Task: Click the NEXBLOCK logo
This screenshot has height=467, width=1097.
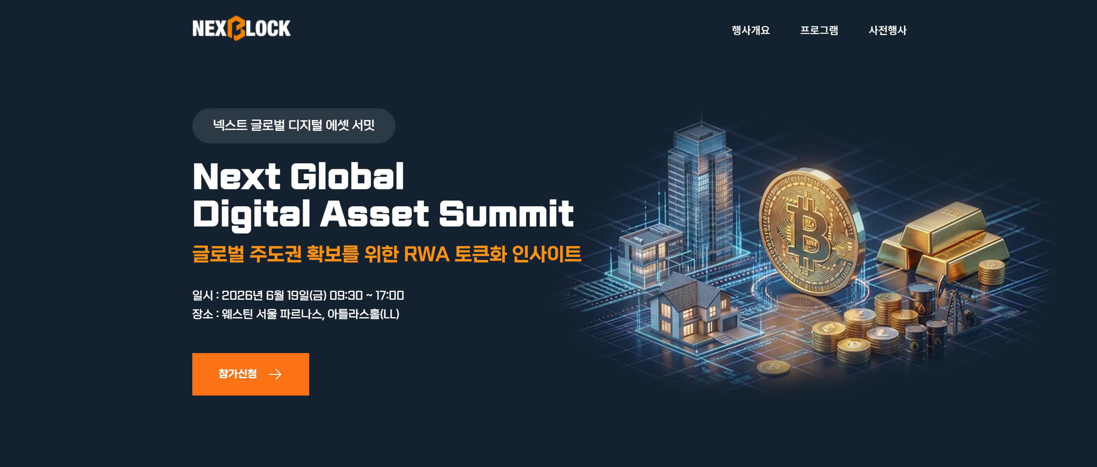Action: (x=241, y=28)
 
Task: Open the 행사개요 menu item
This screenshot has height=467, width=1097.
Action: (x=751, y=30)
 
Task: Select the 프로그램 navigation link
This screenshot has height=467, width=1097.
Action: (x=819, y=30)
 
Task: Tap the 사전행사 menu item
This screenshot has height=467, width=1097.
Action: (x=887, y=30)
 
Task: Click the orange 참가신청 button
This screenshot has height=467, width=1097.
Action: (x=251, y=374)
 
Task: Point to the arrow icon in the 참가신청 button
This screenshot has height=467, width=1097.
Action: (x=275, y=374)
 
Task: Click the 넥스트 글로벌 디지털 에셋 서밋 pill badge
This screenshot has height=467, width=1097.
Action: (x=294, y=126)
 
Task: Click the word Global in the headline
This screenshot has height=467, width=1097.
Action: (x=347, y=176)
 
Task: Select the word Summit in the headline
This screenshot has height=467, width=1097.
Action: (x=506, y=214)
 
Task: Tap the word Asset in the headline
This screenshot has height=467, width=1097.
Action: (x=374, y=214)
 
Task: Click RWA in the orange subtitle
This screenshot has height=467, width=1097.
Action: (x=426, y=254)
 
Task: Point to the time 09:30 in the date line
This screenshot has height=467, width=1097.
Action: (x=346, y=295)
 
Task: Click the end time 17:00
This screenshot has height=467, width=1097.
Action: (x=389, y=295)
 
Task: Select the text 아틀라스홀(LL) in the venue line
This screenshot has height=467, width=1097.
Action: (x=363, y=314)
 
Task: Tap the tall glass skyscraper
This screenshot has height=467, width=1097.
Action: (x=700, y=191)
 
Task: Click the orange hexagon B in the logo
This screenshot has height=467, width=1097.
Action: (x=236, y=28)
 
